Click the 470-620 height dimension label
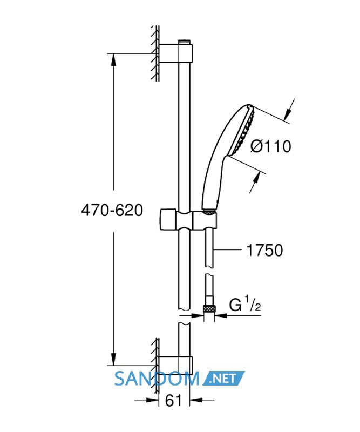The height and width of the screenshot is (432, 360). (x=112, y=211)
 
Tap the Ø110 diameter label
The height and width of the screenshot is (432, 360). (x=271, y=146)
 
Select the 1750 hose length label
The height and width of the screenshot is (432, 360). (x=264, y=251)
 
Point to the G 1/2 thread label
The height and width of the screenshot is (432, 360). (x=245, y=303)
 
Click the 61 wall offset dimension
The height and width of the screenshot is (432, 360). (x=174, y=400)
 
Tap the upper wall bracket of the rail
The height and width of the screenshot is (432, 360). (x=176, y=53)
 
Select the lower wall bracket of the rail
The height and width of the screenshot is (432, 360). (x=176, y=366)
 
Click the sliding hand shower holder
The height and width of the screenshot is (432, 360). (x=188, y=220)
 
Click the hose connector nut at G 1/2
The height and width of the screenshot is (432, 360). (x=209, y=309)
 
